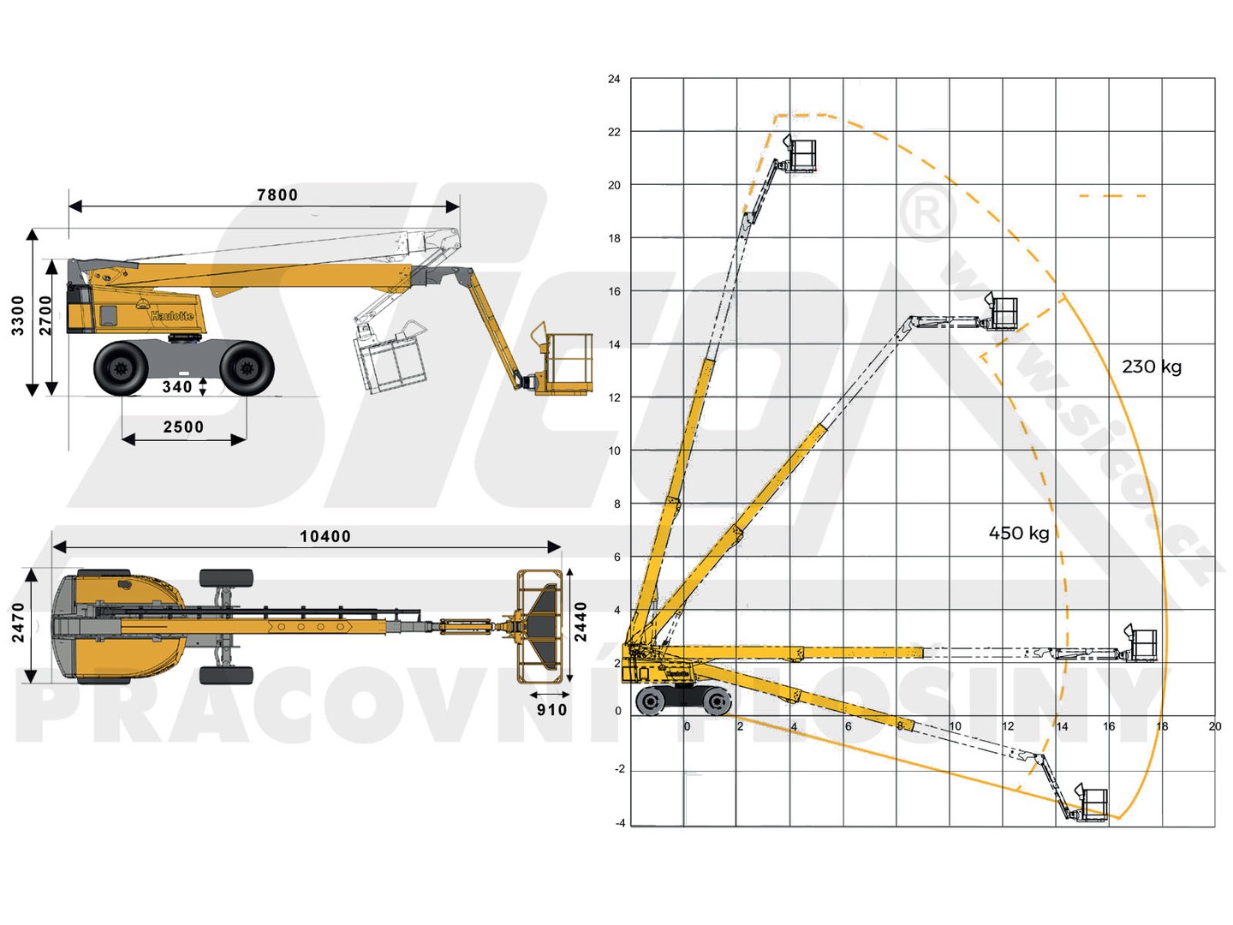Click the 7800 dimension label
(x=277, y=195)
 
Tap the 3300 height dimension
(x=18, y=316)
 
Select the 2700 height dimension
(x=45, y=316)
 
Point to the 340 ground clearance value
(x=177, y=386)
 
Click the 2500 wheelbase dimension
(x=183, y=427)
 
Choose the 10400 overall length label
(x=325, y=536)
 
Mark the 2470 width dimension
(x=18, y=623)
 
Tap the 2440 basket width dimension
(x=581, y=622)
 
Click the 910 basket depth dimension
(x=551, y=710)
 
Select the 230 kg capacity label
(x=1152, y=367)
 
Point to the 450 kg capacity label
(x=1018, y=533)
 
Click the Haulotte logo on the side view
(x=172, y=316)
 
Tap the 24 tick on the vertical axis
(x=614, y=79)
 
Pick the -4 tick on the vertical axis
(x=620, y=823)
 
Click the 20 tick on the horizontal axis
(x=1214, y=726)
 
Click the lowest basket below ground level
(x=1090, y=803)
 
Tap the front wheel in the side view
(x=246, y=368)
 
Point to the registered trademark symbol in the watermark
(x=927, y=213)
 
